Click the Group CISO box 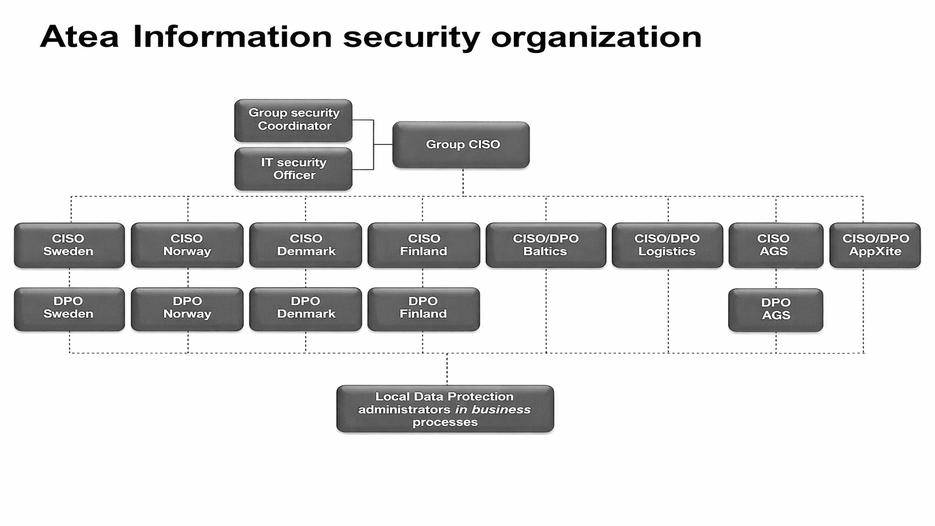460,145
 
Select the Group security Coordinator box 294,120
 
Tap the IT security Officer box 294,169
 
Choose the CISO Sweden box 69,245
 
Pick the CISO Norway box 187,245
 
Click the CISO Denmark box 305,245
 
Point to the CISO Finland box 423,245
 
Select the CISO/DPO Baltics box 546,245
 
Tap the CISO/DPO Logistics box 667,245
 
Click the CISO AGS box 775,245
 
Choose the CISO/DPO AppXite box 876,245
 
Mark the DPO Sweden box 69,309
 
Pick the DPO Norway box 187,309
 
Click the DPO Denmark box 305,309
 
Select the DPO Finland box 423,309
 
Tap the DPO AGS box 775,310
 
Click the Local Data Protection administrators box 445,409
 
